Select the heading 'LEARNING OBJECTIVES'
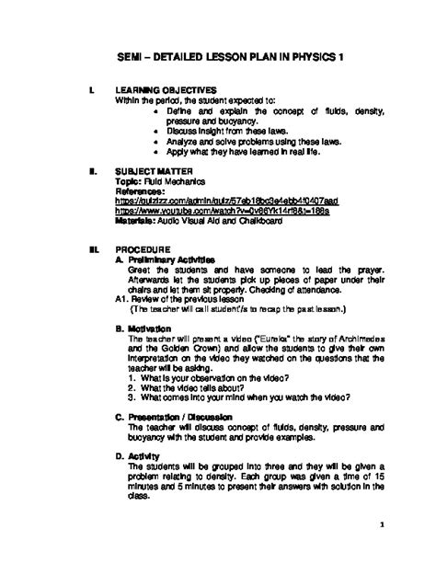point(163,90)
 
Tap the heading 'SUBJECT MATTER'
point(150,171)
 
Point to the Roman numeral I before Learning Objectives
point(87,90)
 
